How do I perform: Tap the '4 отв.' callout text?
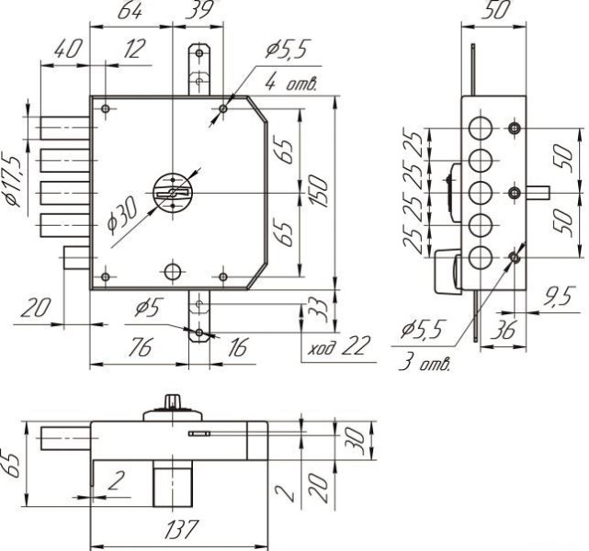coord(289,84)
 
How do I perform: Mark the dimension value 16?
coord(237,346)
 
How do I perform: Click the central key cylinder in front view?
coord(171,190)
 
